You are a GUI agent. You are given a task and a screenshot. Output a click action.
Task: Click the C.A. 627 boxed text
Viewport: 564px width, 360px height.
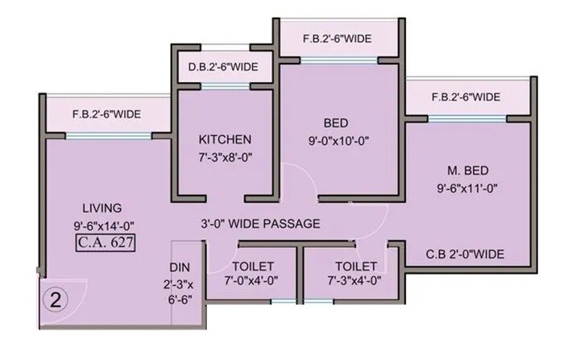105,241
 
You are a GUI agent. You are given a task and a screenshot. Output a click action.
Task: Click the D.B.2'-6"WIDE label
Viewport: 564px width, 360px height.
223,67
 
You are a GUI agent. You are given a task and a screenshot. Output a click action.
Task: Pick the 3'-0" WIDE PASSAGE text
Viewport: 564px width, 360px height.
260,223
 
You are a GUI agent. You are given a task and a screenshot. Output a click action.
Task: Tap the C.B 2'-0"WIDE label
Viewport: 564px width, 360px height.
466,254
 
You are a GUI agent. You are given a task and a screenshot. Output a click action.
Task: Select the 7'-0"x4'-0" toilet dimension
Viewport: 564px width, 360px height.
252,281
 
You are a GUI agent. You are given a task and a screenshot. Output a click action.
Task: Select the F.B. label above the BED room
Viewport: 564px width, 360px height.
337,38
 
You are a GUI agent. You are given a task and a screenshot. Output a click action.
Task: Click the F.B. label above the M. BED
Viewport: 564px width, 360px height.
466,97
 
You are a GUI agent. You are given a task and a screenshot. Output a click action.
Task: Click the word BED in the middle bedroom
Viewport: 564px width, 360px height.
336,123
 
